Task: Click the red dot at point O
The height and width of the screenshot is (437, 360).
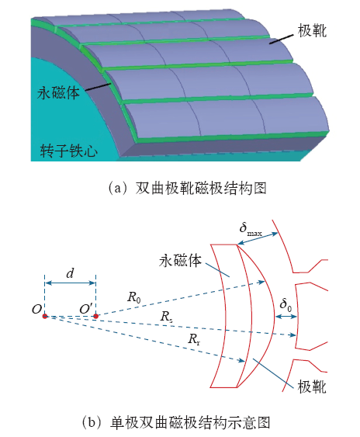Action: coord(44,316)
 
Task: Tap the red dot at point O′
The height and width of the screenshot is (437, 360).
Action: coord(95,316)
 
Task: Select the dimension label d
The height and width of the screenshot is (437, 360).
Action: coord(70,273)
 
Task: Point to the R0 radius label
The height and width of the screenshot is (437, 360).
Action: coord(134,297)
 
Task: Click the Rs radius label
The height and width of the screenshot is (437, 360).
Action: coord(166,317)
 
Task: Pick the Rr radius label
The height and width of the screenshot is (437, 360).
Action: coord(194,339)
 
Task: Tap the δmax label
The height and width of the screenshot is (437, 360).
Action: coord(251,230)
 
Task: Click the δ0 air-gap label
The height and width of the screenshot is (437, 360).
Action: coord(286,304)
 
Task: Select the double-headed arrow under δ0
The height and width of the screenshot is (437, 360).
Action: coord(286,317)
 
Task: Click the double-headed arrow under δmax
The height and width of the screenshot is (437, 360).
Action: coord(258,239)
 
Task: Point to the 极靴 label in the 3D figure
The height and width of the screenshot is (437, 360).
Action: coord(312,30)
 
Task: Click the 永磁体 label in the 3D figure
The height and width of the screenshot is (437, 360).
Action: coord(58,92)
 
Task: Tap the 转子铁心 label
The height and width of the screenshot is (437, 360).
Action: coord(68,151)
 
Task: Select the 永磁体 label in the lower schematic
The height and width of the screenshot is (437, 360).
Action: coord(180,261)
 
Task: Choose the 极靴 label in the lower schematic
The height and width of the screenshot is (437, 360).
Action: coord(312,387)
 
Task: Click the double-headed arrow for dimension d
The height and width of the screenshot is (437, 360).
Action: coord(71,283)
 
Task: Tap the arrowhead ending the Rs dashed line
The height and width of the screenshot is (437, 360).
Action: coord(293,335)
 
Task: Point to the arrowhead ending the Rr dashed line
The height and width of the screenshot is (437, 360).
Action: coord(241,361)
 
